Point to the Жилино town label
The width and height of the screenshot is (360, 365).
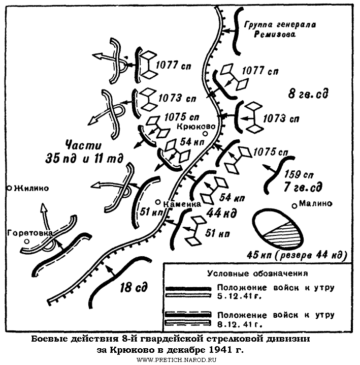coord(31,188)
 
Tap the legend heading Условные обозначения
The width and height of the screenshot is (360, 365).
coord(261,273)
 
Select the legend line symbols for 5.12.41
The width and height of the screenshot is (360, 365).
coord(187,291)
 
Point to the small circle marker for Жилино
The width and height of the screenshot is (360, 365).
coord(9,188)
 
